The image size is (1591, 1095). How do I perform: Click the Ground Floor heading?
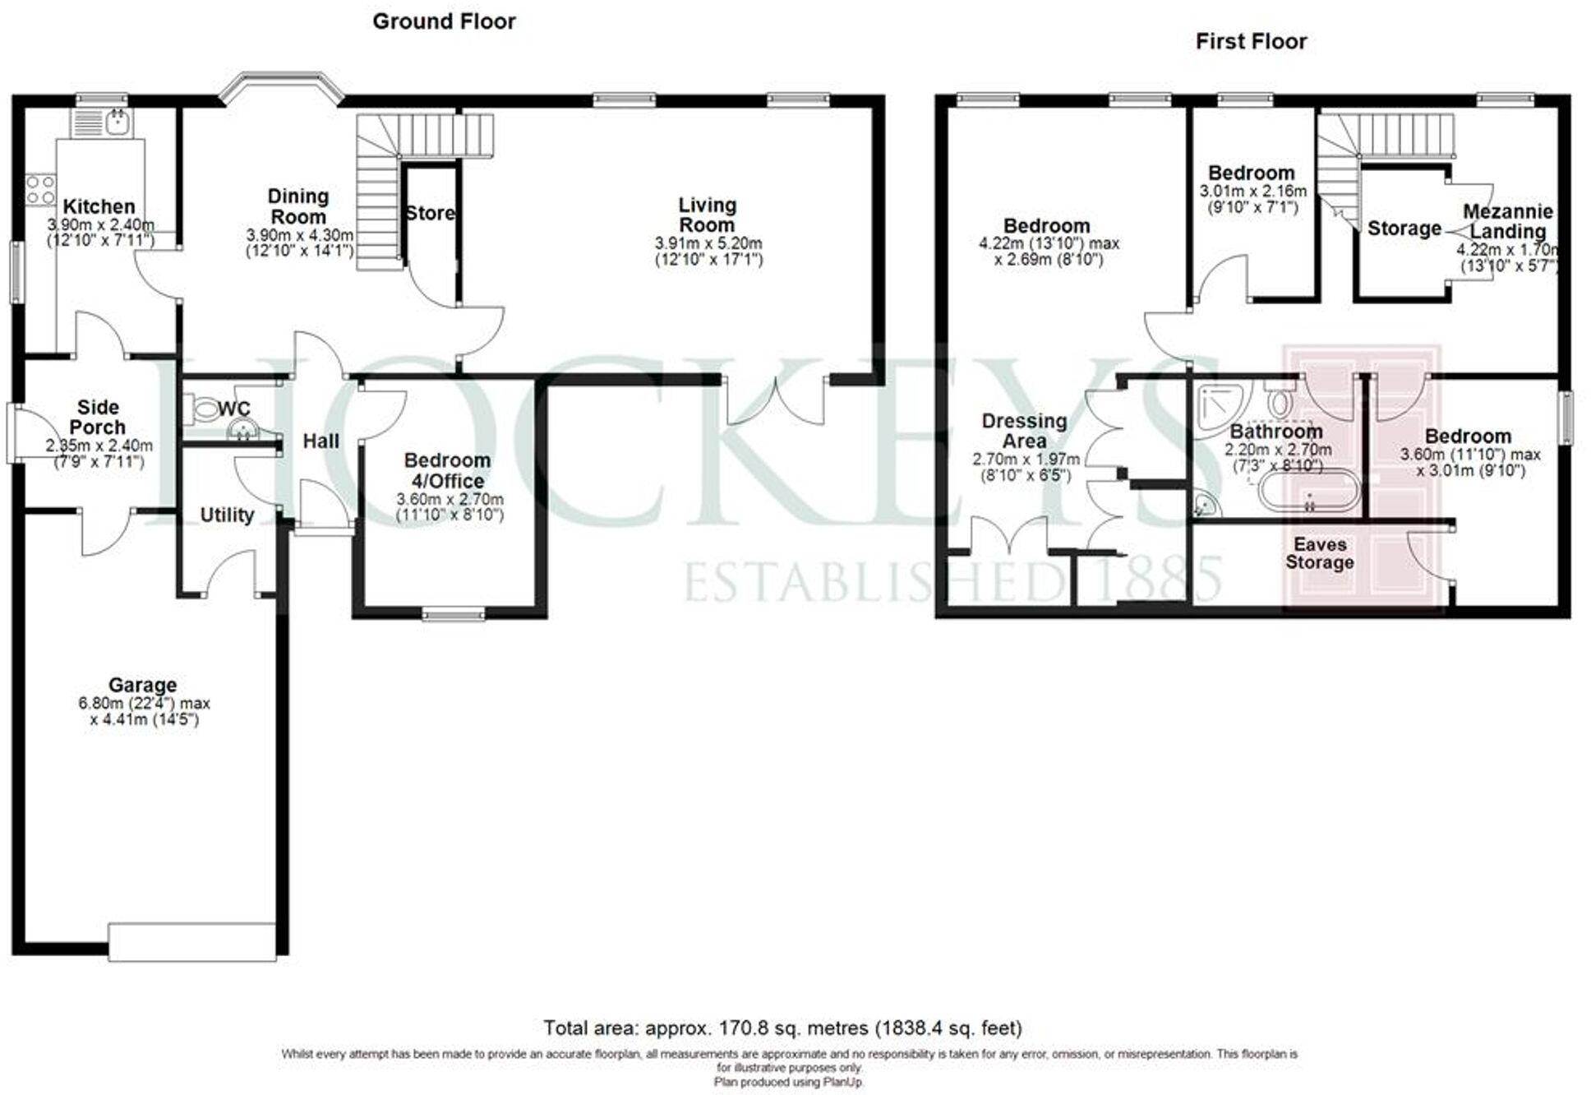coord(444,21)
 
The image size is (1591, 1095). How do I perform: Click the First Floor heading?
coord(1250,41)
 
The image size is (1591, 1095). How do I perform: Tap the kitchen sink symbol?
coord(118,123)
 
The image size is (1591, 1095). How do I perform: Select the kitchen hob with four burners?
coord(40,190)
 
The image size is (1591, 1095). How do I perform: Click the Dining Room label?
coord(297,206)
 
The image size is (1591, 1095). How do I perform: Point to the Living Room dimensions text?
coord(708,252)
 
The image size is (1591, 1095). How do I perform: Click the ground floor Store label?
coord(430,213)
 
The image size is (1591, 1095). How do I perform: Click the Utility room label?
coord(227,515)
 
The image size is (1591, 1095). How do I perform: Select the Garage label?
coord(142,684)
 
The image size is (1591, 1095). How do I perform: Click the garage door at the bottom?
coord(192,942)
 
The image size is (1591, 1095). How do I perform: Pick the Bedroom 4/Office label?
coord(448,470)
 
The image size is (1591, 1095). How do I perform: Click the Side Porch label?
coord(97,417)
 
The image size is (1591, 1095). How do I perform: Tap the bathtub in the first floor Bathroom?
coord(1308,491)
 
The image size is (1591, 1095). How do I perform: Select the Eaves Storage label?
coord(1319,553)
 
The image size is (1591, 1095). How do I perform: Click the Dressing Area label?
coord(1024,430)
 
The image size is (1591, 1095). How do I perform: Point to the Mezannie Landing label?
coord(1507,221)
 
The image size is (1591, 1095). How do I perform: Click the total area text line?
coord(782,1028)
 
